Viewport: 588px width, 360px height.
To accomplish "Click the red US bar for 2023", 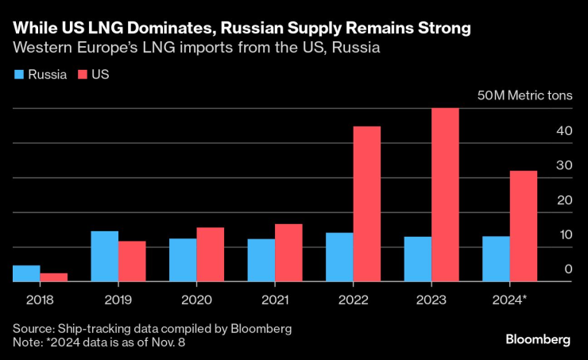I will pos(445,195).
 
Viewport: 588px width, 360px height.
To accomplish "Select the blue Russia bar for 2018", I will pos(26,273).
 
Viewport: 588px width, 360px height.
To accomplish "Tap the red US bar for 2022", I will pos(366,204).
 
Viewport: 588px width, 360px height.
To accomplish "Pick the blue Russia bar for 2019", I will pos(104,256).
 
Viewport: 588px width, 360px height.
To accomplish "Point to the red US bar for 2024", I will pos(523,226).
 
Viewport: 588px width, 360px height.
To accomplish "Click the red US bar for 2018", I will pos(54,277).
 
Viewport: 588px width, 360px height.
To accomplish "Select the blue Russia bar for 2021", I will pos(261,260).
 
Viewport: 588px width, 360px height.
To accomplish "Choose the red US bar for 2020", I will pos(211,254).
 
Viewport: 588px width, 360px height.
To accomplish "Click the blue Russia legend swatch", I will pos(17,75).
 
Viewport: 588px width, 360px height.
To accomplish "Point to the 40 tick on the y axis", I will pos(564,130).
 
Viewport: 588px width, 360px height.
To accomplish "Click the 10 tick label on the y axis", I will pos(564,235).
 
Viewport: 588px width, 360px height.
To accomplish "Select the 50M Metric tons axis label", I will pos(524,96).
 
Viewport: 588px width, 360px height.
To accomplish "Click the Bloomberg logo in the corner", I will pos(538,339).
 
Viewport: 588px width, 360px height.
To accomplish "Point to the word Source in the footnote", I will pos(33,328).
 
